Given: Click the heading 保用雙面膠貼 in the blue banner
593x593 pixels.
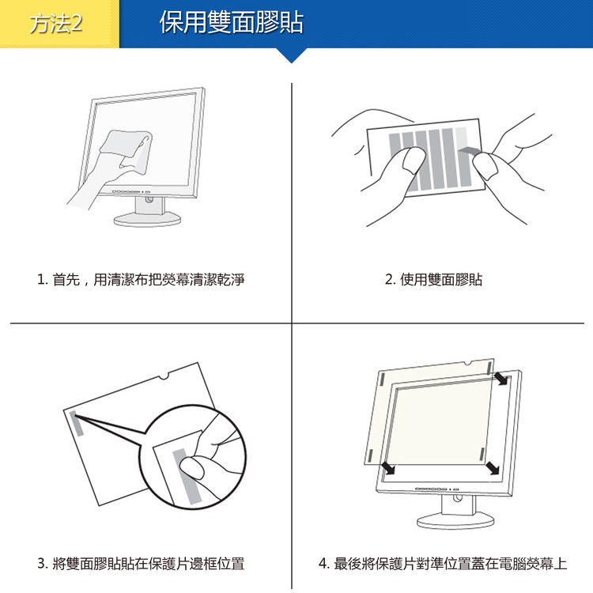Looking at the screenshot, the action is pyautogui.click(x=232, y=23).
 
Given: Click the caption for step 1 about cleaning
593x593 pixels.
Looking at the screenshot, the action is pyautogui.click(x=141, y=279).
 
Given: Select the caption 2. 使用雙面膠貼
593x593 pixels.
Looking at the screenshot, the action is pyautogui.click(x=433, y=279).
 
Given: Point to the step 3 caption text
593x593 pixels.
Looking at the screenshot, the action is pyautogui.click(x=141, y=564).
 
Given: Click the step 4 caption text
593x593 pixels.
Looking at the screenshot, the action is pyautogui.click(x=443, y=564).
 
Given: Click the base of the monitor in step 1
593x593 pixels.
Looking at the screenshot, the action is pyautogui.click(x=147, y=219).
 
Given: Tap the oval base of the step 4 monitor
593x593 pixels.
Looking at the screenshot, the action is pyautogui.click(x=455, y=522).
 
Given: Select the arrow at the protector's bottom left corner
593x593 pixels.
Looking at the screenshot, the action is pyautogui.click(x=388, y=467).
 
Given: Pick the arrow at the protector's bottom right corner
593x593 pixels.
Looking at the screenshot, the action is pyautogui.click(x=493, y=467).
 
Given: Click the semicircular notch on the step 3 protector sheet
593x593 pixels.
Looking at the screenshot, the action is pyautogui.click(x=164, y=376).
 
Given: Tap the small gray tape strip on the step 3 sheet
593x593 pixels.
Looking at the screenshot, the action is pyautogui.click(x=77, y=424).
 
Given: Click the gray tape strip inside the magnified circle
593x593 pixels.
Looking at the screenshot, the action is pyautogui.click(x=186, y=476).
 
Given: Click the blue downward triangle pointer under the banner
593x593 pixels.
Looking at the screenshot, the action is pyautogui.click(x=291, y=55).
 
